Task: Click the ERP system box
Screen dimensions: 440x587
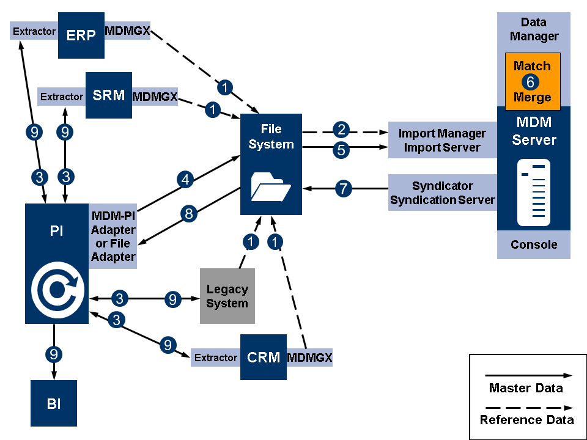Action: click(x=81, y=34)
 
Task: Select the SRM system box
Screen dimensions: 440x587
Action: click(x=108, y=95)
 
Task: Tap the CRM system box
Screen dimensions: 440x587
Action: click(x=263, y=357)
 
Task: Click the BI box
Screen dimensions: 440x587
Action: click(x=54, y=403)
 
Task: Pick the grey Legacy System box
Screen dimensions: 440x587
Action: click(x=227, y=296)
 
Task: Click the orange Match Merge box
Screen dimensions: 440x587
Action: click(x=532, y=81)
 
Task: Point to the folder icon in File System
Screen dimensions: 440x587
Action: click(x=271, y=186)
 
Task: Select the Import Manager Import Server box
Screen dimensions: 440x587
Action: click(x=442, y=141)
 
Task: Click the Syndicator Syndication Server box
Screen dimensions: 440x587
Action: click(x=442, y=193)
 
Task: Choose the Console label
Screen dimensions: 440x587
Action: click(x=534, y=244)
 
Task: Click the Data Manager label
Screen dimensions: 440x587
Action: click(x=534, y=29)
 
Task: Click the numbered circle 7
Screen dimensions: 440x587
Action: click(x=344, y=189)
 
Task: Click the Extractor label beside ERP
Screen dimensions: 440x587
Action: click(x=34, y=31)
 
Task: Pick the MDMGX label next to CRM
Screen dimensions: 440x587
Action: click(x=309, y=357)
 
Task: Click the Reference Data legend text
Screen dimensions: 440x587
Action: click(x=526, y=420)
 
